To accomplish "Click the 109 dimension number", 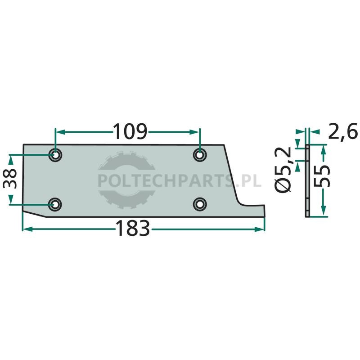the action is coord(130,131).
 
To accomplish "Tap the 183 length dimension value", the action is coord(133,228).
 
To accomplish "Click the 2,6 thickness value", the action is coord(343,131).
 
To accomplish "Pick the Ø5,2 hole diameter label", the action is coord(283,170).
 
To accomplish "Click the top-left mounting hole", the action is coord(55,155).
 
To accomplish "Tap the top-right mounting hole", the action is coord(200,155).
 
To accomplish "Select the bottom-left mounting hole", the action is coord(55,204).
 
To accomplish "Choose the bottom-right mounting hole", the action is coord(200,204).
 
